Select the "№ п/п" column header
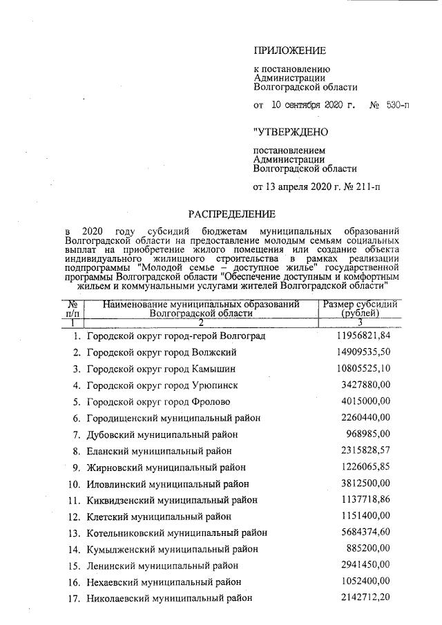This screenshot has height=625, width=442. point(72,308)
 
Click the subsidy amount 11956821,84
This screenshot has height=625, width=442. point(364,336)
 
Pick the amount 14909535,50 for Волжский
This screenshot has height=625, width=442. point(364,352)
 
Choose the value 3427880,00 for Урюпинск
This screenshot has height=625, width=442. point(366,385)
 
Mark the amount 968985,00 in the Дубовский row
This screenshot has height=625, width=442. point(369,434)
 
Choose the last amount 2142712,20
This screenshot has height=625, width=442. point(366,597)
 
